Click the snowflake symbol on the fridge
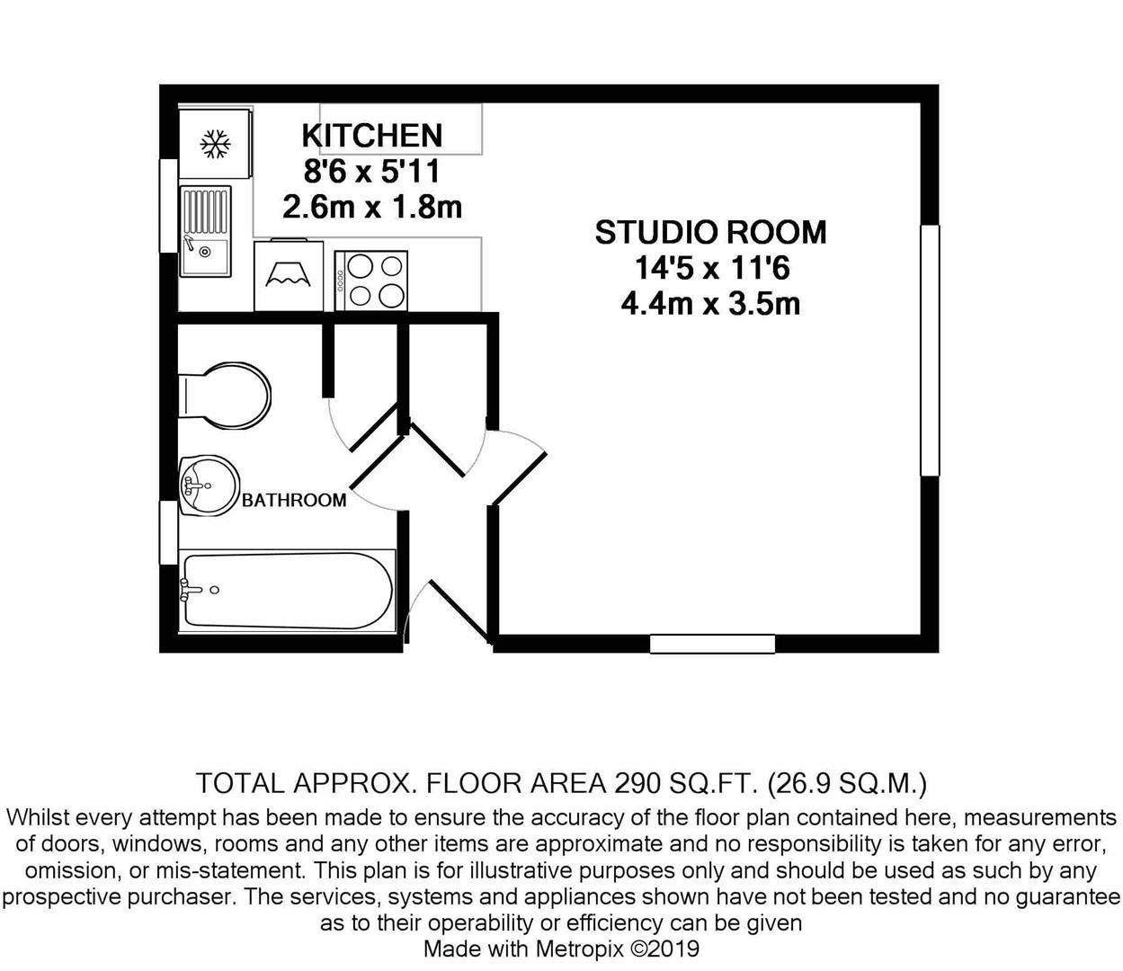[x=215, y=144]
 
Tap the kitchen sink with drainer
[x=206, y=231]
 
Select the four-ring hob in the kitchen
[x=371, y=281]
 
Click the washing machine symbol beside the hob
[x=289, y=275]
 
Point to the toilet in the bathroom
[x=225, y=396]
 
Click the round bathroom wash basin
[x=209, y=485]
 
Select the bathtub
[x=288, y=591]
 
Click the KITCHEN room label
[x=372, y=135]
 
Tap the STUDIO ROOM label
[x=710, y=232]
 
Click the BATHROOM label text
[x=294, y=500]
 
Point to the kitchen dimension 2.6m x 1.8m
[x=372, y=207]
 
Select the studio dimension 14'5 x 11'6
[x=712, y=268]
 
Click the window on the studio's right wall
[x=930, y=351]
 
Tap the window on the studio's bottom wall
[x=712, y=644]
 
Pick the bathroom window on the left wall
[x=168, y=532]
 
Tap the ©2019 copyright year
[x=664, y=949]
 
